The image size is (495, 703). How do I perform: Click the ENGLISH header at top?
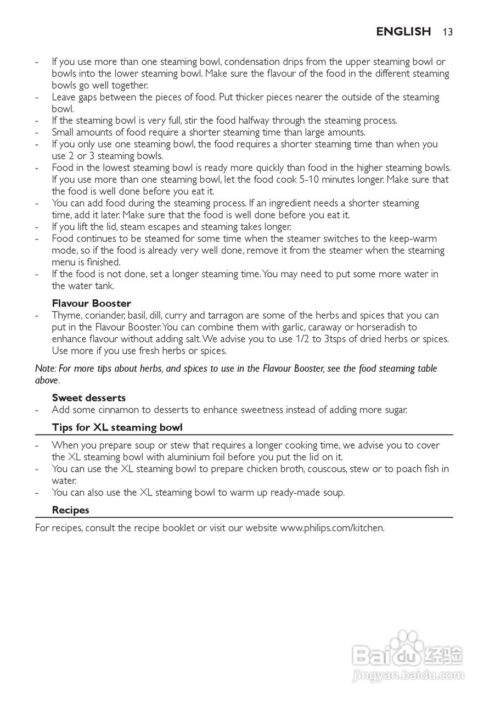pos(403,32)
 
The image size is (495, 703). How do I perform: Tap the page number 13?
pos(447,32)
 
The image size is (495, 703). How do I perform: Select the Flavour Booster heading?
pos(91,303)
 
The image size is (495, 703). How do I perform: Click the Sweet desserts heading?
pos(89,398)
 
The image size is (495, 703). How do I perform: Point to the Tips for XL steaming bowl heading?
pos(117,427)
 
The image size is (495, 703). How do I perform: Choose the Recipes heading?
pos(70,510)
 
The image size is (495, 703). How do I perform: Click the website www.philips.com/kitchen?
pos(332,528)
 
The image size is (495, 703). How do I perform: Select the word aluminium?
pos(183,457)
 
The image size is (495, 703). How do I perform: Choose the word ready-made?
pos(297,492)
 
